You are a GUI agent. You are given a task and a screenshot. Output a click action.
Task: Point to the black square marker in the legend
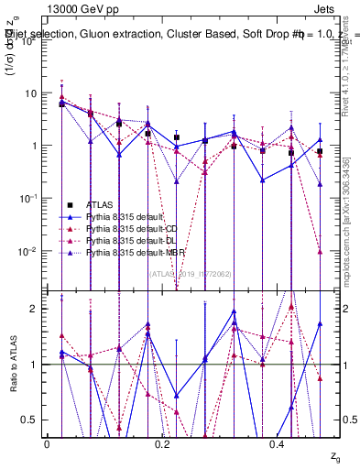tap(70, 204)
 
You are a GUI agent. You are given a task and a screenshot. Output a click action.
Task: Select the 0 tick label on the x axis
tap(47, 443)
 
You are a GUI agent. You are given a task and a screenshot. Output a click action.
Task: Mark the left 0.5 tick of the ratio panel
tap(33, 420)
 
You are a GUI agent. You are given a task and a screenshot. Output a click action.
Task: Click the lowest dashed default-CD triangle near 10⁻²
tap(320, 251)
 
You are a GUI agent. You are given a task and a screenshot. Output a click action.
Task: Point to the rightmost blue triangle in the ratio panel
tap(320, 323)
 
